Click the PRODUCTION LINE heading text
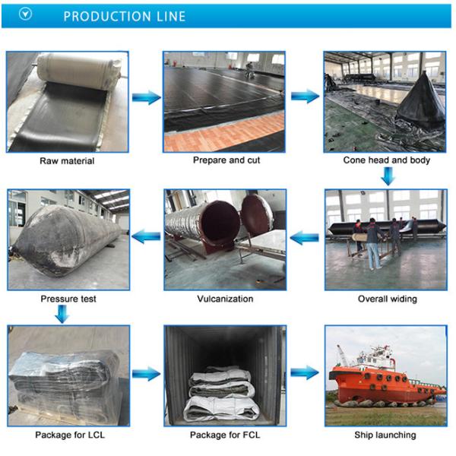pos(124,16)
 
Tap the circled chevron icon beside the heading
pos(25,15)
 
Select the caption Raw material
pos(67,161)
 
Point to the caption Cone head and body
pos(387,160)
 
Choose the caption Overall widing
pos(387,299)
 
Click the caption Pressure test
pos(68,299)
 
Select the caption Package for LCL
pos(67,435)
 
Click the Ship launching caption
pos(385,435)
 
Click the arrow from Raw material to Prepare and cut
pos(146,97)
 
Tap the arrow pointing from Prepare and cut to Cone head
pos(305,97)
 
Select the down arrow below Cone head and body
pos(388,176)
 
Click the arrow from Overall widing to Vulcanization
pos(305,238)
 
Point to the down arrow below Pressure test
pos(62,313)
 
